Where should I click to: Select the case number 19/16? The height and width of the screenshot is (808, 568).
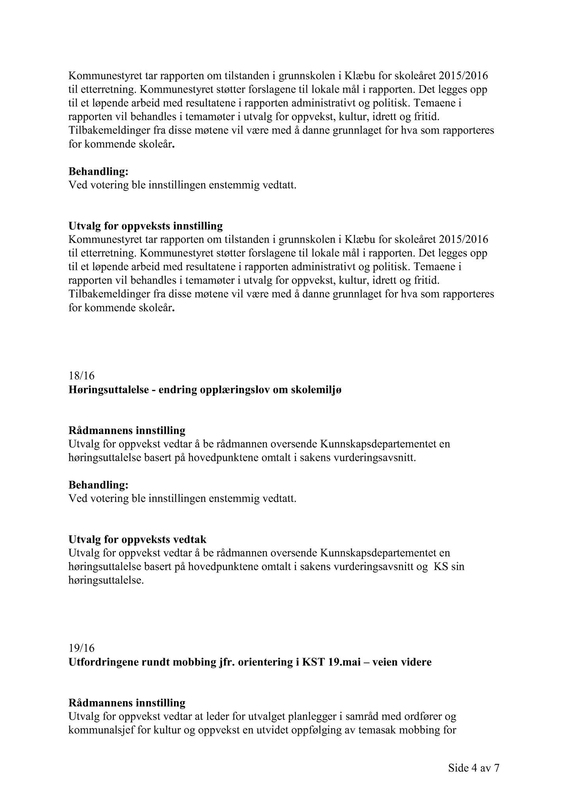pyautogui.click(x=81, y=648)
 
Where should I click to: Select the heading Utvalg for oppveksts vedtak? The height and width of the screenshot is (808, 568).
pyautogui.click(x=137, y=539)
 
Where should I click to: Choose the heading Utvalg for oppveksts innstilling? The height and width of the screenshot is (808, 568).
pyautogui.click(x=146, y=226)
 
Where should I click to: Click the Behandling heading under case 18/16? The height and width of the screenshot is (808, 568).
pyautogui.click(x=99, y=484)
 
